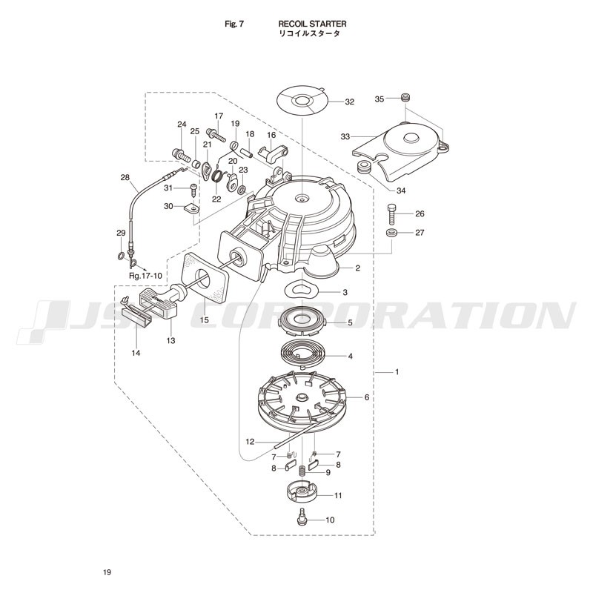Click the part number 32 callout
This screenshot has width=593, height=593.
pyautogui.click(x=349, y=102)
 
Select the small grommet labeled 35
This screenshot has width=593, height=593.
pyautogui.click(x=405, y=97)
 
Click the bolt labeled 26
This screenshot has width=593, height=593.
pyautogui.click(x=391, y=214)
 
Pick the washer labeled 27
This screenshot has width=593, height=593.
pyautogui.click(x=391, y=233)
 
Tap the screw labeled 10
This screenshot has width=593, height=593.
pyautogui.click(x=302, y=516)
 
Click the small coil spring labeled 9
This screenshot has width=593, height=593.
pyautogui.click(x=302, y=472)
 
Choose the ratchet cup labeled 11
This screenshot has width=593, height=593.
pyautogui.click(x=302, y=491)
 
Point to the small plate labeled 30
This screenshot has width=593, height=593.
pyautogui.click(x=193, y=208)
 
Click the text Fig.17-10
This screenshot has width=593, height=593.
pyautogui.click(x=145, y=276)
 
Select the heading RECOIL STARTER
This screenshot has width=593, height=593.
pyautogui.click(x=312, y=24)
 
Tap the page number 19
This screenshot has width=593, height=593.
pyautogui.click(x=107, y=572)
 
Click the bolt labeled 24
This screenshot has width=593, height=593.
pyautogui.click(x=181, y=154)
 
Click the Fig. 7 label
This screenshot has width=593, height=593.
pyautogui.click(x=234, y=24)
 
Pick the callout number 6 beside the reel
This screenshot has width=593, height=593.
pyautogui.click(x=366, y=397)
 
